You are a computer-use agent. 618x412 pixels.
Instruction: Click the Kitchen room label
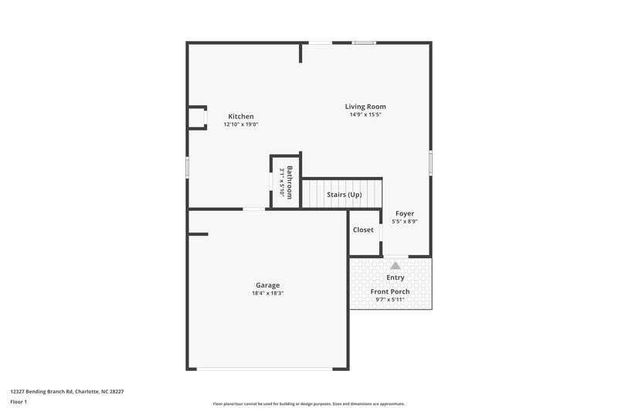[240, 117]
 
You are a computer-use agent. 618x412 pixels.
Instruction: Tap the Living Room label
[365, 107]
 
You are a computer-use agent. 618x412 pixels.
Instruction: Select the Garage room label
[268, 285]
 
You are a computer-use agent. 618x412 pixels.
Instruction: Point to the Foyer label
[405, 213]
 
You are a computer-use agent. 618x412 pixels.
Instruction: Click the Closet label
[363, 230]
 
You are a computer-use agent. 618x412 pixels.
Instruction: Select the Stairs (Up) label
[344, 195]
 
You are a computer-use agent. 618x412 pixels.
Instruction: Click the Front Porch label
[390, 291]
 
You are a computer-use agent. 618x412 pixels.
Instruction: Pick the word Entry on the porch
[395, 278]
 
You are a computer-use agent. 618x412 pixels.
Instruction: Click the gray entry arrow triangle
[396, 264]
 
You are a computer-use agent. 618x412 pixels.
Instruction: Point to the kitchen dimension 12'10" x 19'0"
[240, 124]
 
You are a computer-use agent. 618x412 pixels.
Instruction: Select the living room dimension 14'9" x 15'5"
[365, 114]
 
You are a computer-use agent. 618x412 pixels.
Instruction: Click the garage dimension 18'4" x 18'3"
[268, 293]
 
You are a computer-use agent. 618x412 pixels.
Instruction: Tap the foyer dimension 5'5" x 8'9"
[405, 222]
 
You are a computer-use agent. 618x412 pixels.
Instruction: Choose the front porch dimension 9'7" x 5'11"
[390, 299]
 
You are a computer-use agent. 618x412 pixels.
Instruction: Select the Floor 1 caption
[19, 403]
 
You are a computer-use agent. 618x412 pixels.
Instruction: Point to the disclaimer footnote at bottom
[308, 403]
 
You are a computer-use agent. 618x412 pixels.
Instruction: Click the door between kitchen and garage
[253, 209]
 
